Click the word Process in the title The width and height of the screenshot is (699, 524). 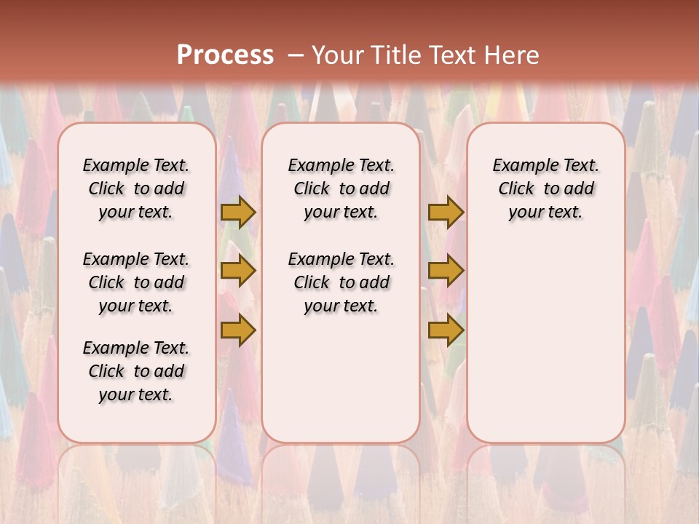tap(225, 55)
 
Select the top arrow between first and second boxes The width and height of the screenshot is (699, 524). tap(238, 212)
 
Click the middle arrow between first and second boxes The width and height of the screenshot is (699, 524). tap(238, 271)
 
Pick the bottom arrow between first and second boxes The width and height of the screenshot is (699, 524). tap(238, 330)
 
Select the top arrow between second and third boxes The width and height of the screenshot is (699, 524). tap(446, 212)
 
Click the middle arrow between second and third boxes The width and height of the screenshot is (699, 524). tap(446, 271)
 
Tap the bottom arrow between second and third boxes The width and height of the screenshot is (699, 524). tap(446, 330)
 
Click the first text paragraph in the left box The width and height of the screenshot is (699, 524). tap(136, 188)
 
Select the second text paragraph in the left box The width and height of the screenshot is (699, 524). tap(136, 282)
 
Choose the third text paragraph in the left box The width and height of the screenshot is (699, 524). tap(136, 371)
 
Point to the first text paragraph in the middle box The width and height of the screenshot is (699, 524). tap(341, 188)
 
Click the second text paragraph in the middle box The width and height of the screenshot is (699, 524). tap(341, 282)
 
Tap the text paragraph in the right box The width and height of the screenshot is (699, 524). tap(546, 188)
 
